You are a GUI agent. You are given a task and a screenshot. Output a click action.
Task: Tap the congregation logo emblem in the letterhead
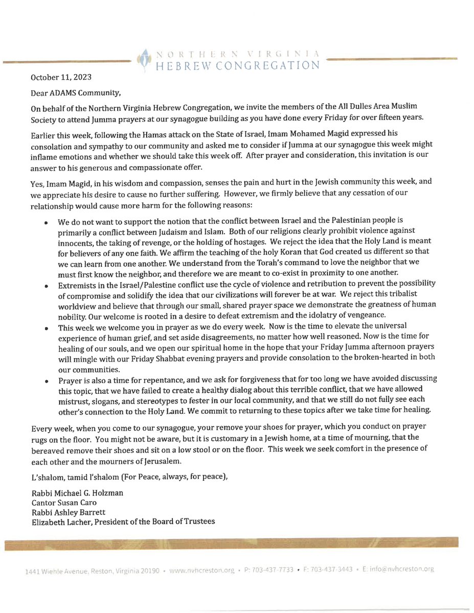pyautogui.click(x=145, y=59)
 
